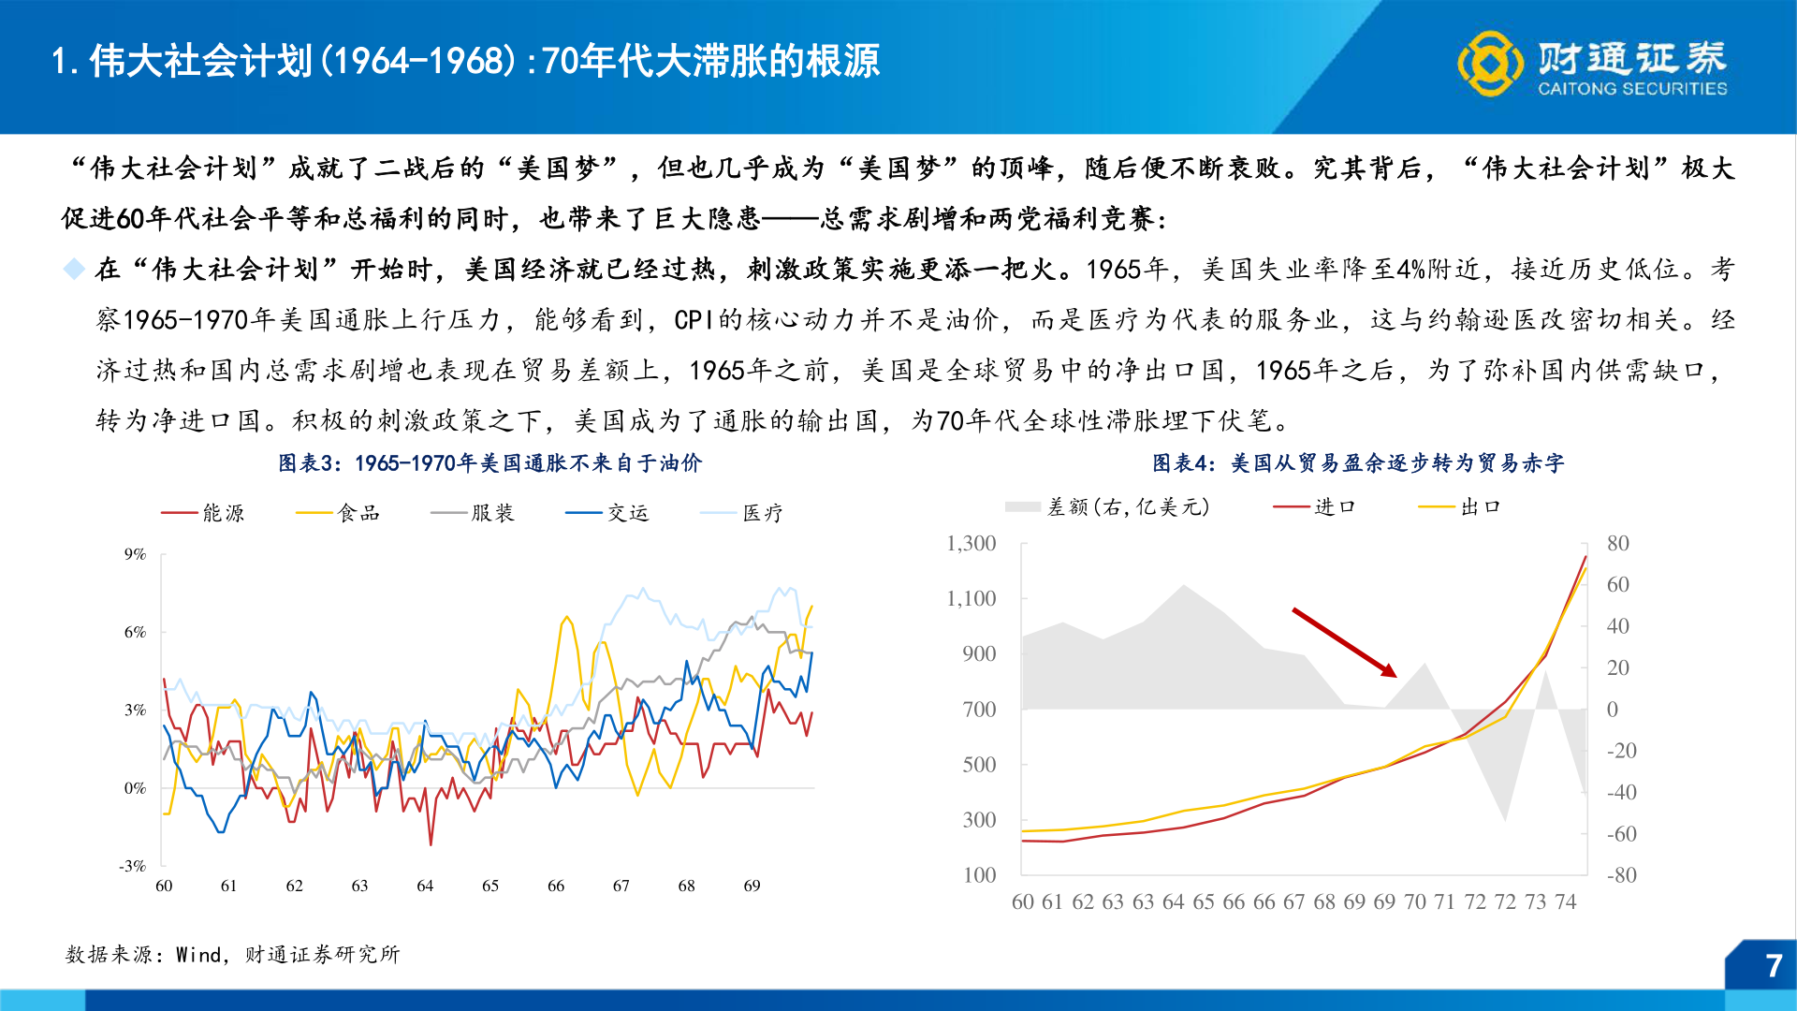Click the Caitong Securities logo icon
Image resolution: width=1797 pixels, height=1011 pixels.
1490,64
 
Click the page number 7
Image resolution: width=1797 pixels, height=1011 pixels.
1773,966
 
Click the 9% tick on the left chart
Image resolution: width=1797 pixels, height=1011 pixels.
136,554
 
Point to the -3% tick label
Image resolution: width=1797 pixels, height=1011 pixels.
133,866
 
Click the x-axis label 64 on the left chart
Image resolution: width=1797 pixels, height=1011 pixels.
425,886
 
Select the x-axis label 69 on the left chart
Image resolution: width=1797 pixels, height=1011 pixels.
752,886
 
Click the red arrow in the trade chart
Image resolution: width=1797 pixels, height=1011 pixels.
1344,642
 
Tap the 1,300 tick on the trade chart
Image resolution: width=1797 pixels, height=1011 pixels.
971,544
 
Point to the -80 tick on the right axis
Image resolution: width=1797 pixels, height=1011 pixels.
1621,875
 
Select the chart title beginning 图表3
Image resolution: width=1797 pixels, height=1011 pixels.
489,463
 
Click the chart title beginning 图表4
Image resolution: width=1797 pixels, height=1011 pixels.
1357,463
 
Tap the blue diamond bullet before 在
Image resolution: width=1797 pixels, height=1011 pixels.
74,270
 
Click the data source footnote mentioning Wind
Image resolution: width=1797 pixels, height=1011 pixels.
232,954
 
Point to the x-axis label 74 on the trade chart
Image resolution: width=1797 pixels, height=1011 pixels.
1566,901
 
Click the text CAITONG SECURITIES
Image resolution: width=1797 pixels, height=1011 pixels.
1632,89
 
